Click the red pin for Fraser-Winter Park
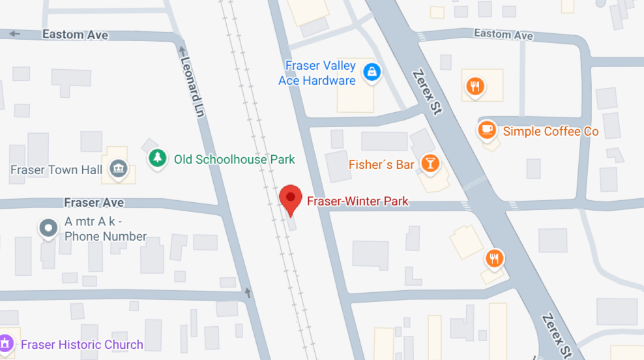tap(290, 198)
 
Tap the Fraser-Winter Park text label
tap(357, 201)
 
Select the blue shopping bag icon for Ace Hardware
tap(372, 72)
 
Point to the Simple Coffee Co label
tap(550, 131)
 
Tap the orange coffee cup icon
tap(486, 130)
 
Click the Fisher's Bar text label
tap(381, 164)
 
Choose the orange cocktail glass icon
tap(430, 164)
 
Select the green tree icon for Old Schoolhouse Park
tap(157, 158)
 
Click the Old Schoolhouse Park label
tap(234, 159)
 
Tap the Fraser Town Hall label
tap(57, 170)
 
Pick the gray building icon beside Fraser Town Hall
tap(118, 169)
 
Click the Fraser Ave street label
tap(94, 203)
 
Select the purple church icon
tap(6, 344)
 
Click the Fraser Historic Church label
tap(81, 344)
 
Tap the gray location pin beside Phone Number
tap(48, 228)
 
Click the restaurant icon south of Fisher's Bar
tap(495, 259)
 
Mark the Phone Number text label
tap(106, 236)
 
